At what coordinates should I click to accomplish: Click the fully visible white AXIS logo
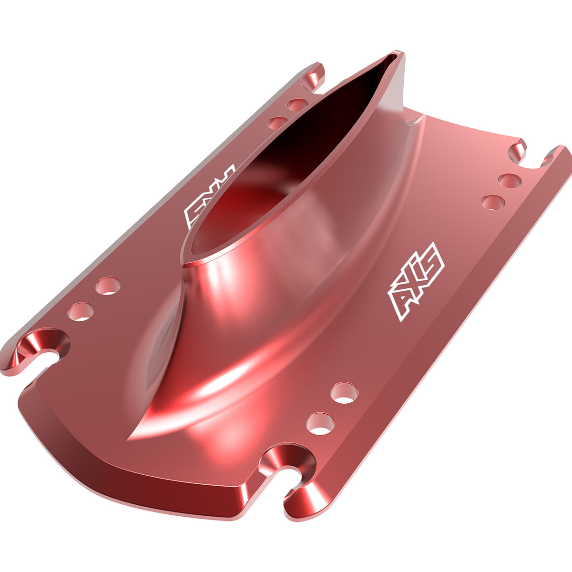416,281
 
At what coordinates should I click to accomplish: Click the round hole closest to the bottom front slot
320,424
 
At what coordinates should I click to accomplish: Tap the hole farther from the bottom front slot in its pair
344,393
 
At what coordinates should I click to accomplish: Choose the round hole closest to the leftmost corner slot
80,312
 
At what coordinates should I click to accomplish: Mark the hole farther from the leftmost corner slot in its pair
108,286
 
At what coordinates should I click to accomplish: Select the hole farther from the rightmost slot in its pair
493,202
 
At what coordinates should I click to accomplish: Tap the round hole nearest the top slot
298,105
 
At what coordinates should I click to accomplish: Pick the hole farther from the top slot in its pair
277,123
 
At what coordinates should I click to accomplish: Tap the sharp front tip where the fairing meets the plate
130,439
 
